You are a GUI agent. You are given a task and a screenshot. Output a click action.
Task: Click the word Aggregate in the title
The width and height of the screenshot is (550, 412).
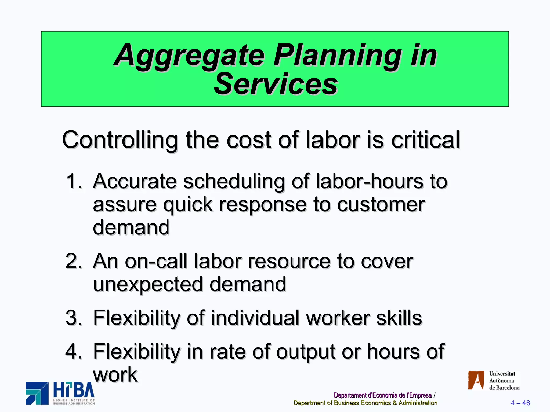190,56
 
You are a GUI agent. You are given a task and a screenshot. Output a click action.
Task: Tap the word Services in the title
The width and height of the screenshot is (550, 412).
276,84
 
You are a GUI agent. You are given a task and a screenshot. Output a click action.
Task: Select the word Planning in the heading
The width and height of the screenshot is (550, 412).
337,56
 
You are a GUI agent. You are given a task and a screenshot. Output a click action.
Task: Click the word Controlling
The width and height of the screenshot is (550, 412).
120,140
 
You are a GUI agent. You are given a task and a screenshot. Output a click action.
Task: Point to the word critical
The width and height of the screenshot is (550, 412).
425,140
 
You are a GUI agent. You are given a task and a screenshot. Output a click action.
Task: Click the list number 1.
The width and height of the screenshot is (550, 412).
74,181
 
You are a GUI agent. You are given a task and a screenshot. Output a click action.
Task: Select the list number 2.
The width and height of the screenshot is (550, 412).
74,261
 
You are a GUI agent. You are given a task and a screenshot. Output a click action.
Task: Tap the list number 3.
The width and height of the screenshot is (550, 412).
74,318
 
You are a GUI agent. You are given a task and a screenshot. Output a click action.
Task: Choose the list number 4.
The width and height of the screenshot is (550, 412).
74,352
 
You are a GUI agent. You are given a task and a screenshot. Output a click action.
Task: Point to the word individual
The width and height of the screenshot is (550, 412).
255,318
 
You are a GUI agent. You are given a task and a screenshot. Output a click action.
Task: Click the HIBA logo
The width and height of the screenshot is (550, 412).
60,393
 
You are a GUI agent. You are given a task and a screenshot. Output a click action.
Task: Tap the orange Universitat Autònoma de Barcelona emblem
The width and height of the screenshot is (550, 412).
476,380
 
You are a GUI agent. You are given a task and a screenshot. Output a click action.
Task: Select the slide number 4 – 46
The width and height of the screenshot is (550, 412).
520,403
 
